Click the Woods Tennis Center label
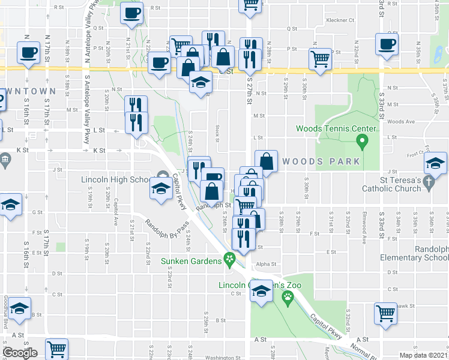[x=336, y=128]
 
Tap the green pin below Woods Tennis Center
[x=361, y=142]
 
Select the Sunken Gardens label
[x=191, y=261]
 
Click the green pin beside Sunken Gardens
[x=229, y=259]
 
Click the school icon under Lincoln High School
[x=161, y=189]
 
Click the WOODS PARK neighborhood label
[x=321, y=161]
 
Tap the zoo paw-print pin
[x=288, y=296]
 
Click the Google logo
[x=20, y=353]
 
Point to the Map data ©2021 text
[x=423, y=355]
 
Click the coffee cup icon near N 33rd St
[x=387, y=44]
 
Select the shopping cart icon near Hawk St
[x=385, y=313]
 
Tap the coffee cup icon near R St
[x=131, y=13]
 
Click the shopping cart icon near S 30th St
[x=321, y=59]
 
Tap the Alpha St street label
[x=265, y=263]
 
